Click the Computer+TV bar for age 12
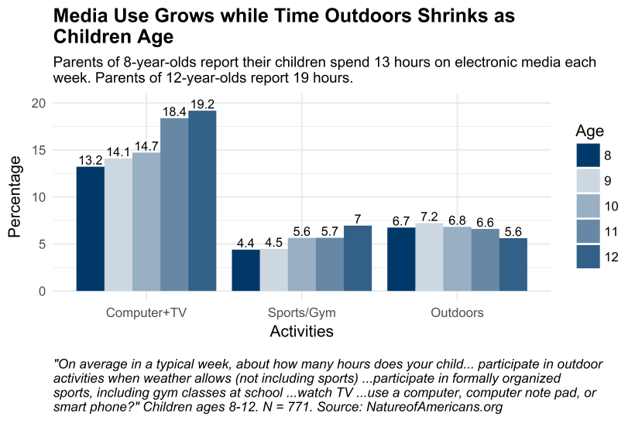(202, 201)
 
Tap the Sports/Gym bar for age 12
(358, 258)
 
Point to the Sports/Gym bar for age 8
(245, 271)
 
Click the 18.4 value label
(174, 112)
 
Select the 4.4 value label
(245, 244)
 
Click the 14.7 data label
(146, 146)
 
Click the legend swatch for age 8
(588, 155)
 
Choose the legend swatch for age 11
(588, 232)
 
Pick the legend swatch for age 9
(588, 181)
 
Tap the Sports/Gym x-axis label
(301, 313)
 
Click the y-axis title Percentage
(15, 197)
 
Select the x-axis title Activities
(301, 332)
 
